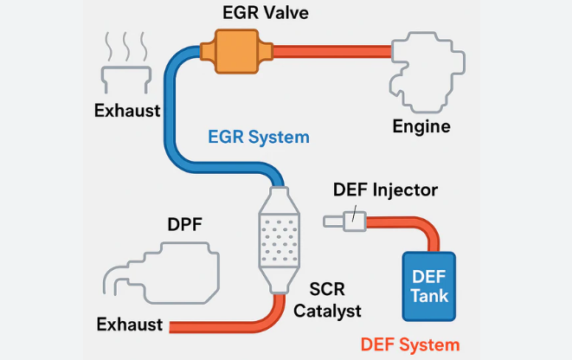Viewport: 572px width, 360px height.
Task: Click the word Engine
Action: coord(421,127)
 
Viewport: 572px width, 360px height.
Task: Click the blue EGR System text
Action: coord(258,137)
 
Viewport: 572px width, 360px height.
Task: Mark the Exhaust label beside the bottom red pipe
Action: coord(130,325)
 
